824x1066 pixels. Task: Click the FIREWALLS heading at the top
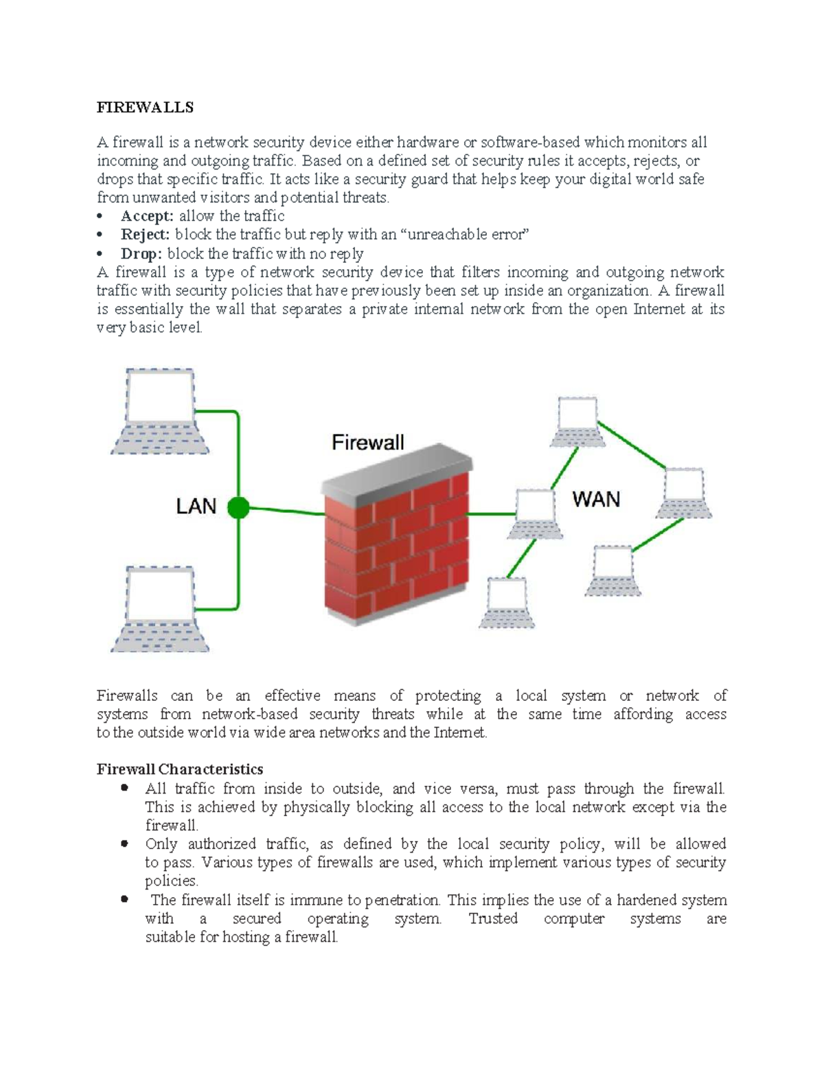[145, 107]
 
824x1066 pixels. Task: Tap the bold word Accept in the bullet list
[146, 216]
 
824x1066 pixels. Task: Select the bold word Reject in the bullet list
[145, 235]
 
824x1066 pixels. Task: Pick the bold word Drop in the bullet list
[141, 254]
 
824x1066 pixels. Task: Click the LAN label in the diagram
[196, 507]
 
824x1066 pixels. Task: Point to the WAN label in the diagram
[596, 499]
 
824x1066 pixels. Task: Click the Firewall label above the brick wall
[368, 442]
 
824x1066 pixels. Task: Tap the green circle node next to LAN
[238, 508]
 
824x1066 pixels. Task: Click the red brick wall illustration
[397, 542]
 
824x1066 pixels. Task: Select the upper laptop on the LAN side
[160, 412]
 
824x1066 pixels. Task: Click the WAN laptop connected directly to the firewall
[535, 514]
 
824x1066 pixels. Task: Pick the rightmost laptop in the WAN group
[684, 493]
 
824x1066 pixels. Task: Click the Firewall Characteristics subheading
[180, 769]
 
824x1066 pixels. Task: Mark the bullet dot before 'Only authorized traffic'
[124, 844]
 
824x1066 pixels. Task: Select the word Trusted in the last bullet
[493, 918]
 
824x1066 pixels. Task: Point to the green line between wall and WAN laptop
[492, 513]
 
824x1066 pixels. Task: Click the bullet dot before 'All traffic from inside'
[124, 788]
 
